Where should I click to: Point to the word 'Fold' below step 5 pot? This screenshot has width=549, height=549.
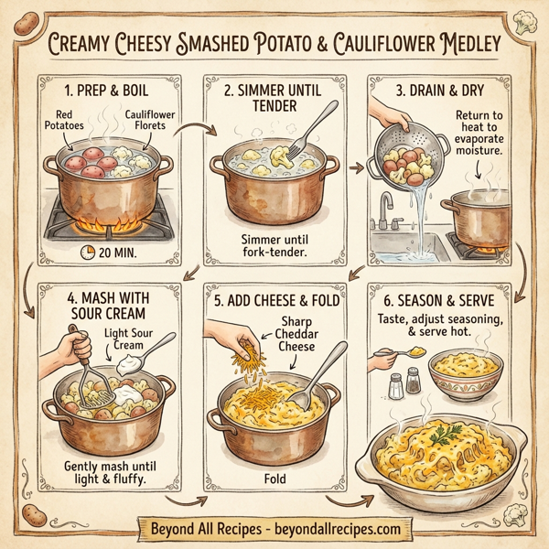coord(274,479)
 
